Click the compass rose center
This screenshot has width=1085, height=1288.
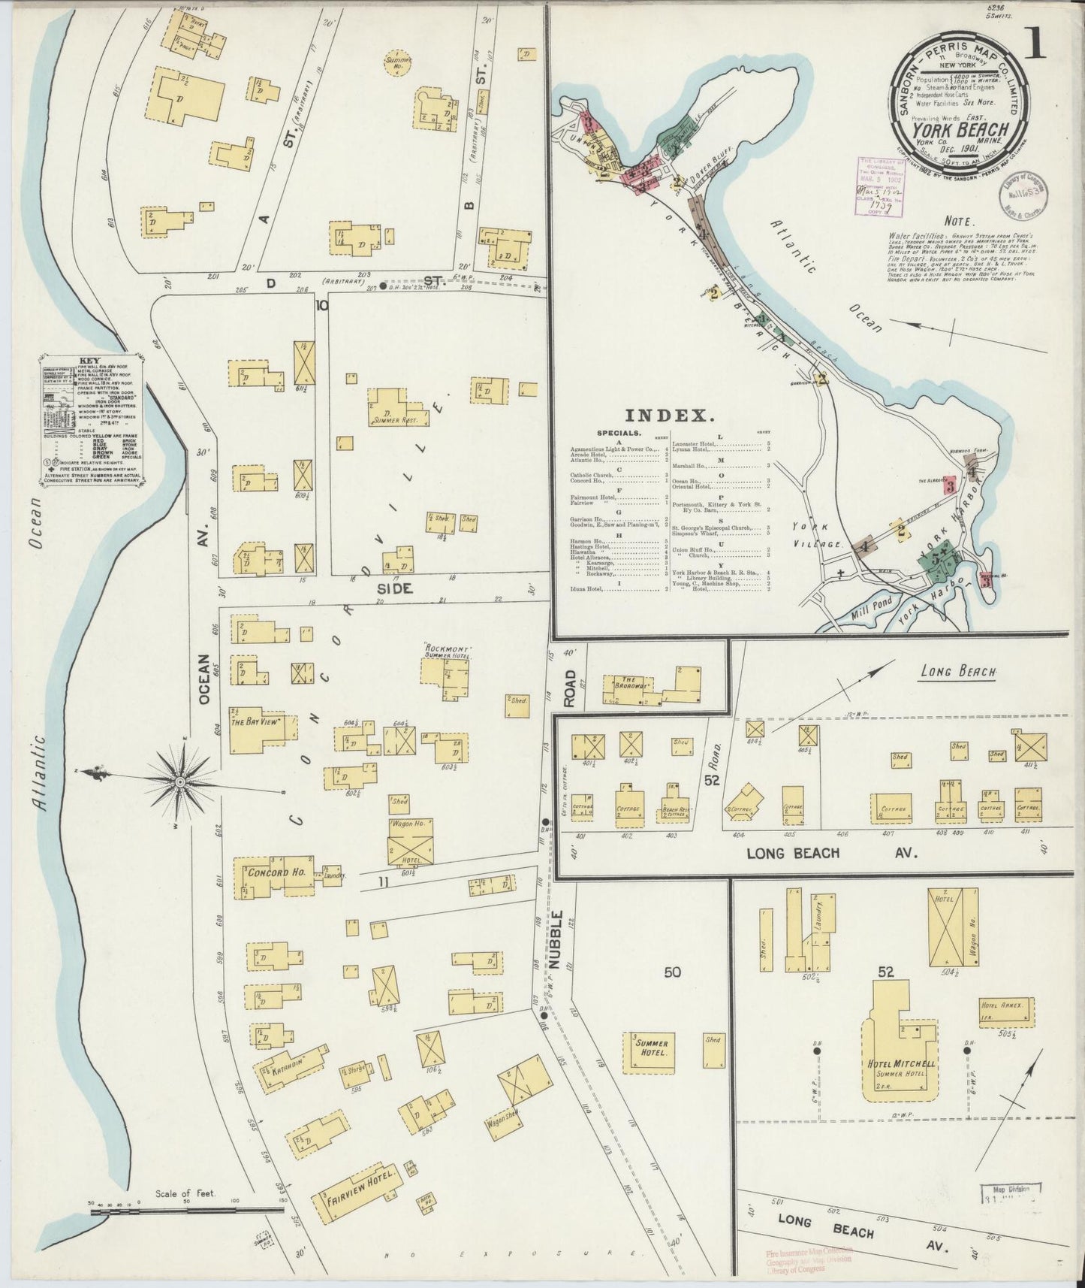pyautogui.click(x=180, y=782)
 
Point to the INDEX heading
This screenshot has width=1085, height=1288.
pyautogui.click(x=670, y=415)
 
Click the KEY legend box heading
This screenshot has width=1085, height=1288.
pyautogui.click(x=89, y=360)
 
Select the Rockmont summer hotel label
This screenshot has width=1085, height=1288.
pyautogui.click(x=449, y=650)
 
